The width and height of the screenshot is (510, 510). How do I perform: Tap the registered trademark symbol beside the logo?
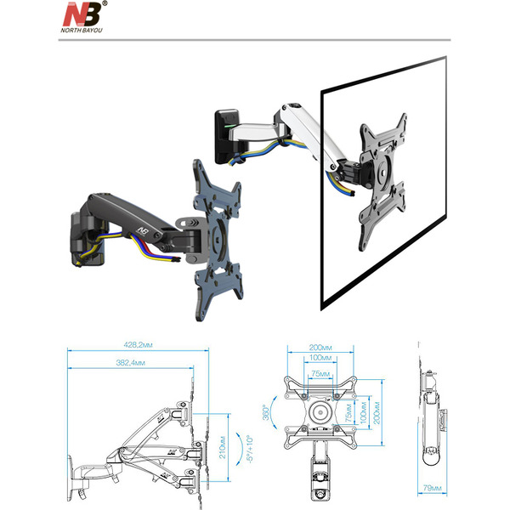105,5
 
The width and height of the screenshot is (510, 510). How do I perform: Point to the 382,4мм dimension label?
128,363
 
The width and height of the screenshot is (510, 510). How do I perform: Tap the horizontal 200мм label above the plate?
320,348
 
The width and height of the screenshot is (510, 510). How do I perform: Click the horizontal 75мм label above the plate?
320,373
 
